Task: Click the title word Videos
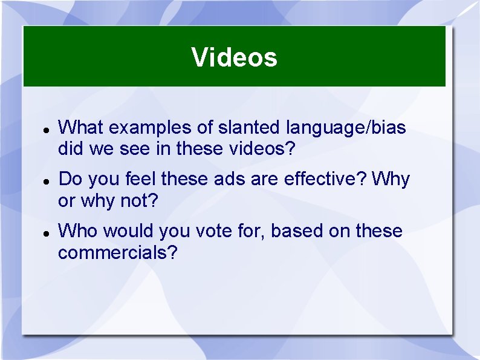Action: pyautogui.click(x=235, y=57)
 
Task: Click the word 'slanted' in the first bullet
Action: pyautogui.click(x=247, y=128)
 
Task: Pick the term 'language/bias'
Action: pyautogui.click(x=346, y=128)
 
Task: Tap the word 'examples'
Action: pyautogui.click(x=151, y=128)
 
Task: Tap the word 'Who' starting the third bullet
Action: pyautogui.click(x=76, y=231)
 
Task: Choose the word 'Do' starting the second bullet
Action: pyautogui.click(x=70, y=179)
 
